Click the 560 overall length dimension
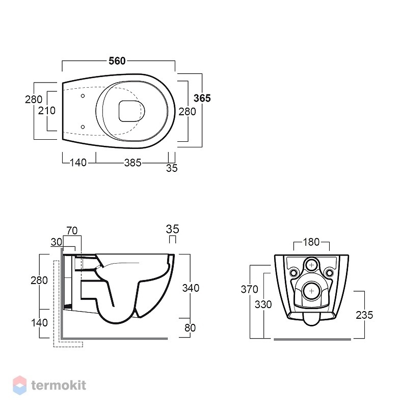point(117,61)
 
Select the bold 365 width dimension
point(202,98)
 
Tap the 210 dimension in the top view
point(47,111)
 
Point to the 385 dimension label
point(133,163)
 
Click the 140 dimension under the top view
point(78,163)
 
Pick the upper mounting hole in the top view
point(83,96)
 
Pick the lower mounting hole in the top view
point(83,127)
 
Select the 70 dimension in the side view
point(72,231)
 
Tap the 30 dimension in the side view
point(57,242)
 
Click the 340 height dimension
point(191,288)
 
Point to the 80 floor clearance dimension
point(190,328)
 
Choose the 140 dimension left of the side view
point(40,323)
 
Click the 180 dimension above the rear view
point(311,242)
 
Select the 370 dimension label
point(250,289)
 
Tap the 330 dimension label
point(263,304)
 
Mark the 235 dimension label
point(364,315)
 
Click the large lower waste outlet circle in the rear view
point(312,291)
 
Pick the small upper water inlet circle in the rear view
point(312,265)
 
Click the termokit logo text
point(59,385)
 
